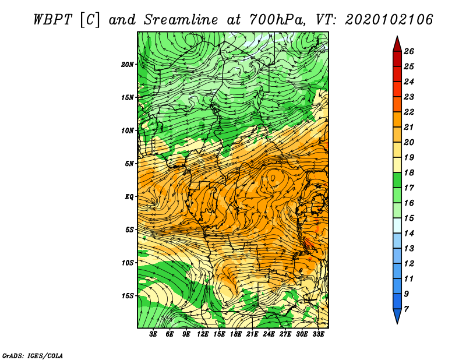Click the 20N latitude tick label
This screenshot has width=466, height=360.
click(x=127, y=65)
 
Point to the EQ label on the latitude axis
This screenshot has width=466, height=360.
click(x=129, y=197)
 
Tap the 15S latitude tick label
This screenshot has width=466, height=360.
click(x=127, y=296)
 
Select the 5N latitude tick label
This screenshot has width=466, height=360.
click(x=129, y=164)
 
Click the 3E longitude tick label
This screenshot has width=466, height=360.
click(x=153, y=334)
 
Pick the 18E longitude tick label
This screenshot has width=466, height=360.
click(x=236, y=334)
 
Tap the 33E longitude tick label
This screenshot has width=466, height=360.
click(x=318, y=334)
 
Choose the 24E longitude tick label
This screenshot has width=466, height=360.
click(x=269, y=334)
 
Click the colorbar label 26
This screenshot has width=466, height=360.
click(x=409, y=51)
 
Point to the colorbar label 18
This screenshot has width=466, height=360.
click(x=409, y=172)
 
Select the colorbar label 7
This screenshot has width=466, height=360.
click(x=406, y=309)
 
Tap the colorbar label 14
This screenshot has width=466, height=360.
click(x=409, y=234)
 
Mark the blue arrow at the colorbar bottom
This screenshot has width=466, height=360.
click(x=397, y=316)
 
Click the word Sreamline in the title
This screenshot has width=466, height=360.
click(x=181, y=20)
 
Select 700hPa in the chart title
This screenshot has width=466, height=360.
click(x=277, y=20)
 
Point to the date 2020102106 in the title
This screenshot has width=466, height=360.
click(x=389, y=20)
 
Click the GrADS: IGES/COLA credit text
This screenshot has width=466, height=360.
click(x=33, y=356)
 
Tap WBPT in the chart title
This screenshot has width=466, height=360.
click(x=52, y=20)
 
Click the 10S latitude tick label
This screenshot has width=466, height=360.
click(x=127, y=263)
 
